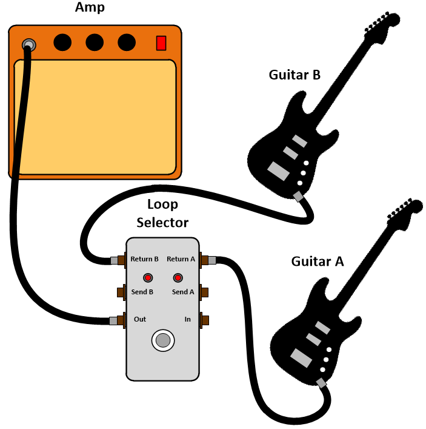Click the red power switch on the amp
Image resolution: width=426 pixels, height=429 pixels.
(161, 43)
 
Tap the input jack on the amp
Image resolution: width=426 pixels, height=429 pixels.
(28, 45)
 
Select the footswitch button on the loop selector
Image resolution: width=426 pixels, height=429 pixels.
(162, 340)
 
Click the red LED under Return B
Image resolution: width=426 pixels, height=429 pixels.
(147, 278)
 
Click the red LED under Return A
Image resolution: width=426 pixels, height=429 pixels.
(178, 278)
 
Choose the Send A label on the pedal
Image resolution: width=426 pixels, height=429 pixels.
(183, 292)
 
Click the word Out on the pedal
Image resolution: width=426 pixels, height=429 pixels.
(140, 319)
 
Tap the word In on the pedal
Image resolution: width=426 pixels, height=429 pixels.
(188, 319)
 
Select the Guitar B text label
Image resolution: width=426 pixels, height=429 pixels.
(295, 75)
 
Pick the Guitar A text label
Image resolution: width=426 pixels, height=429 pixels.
(317, 262)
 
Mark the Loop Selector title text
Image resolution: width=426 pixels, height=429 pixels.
(162, 214)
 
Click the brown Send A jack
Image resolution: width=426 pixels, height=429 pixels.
(204, 292)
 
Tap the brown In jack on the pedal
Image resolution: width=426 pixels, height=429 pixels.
(204, 320)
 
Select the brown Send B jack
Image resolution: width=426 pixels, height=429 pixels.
(121, 292)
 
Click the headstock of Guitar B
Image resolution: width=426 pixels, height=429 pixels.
(382, 24)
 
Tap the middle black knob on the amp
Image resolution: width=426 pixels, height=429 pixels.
(95, 42)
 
